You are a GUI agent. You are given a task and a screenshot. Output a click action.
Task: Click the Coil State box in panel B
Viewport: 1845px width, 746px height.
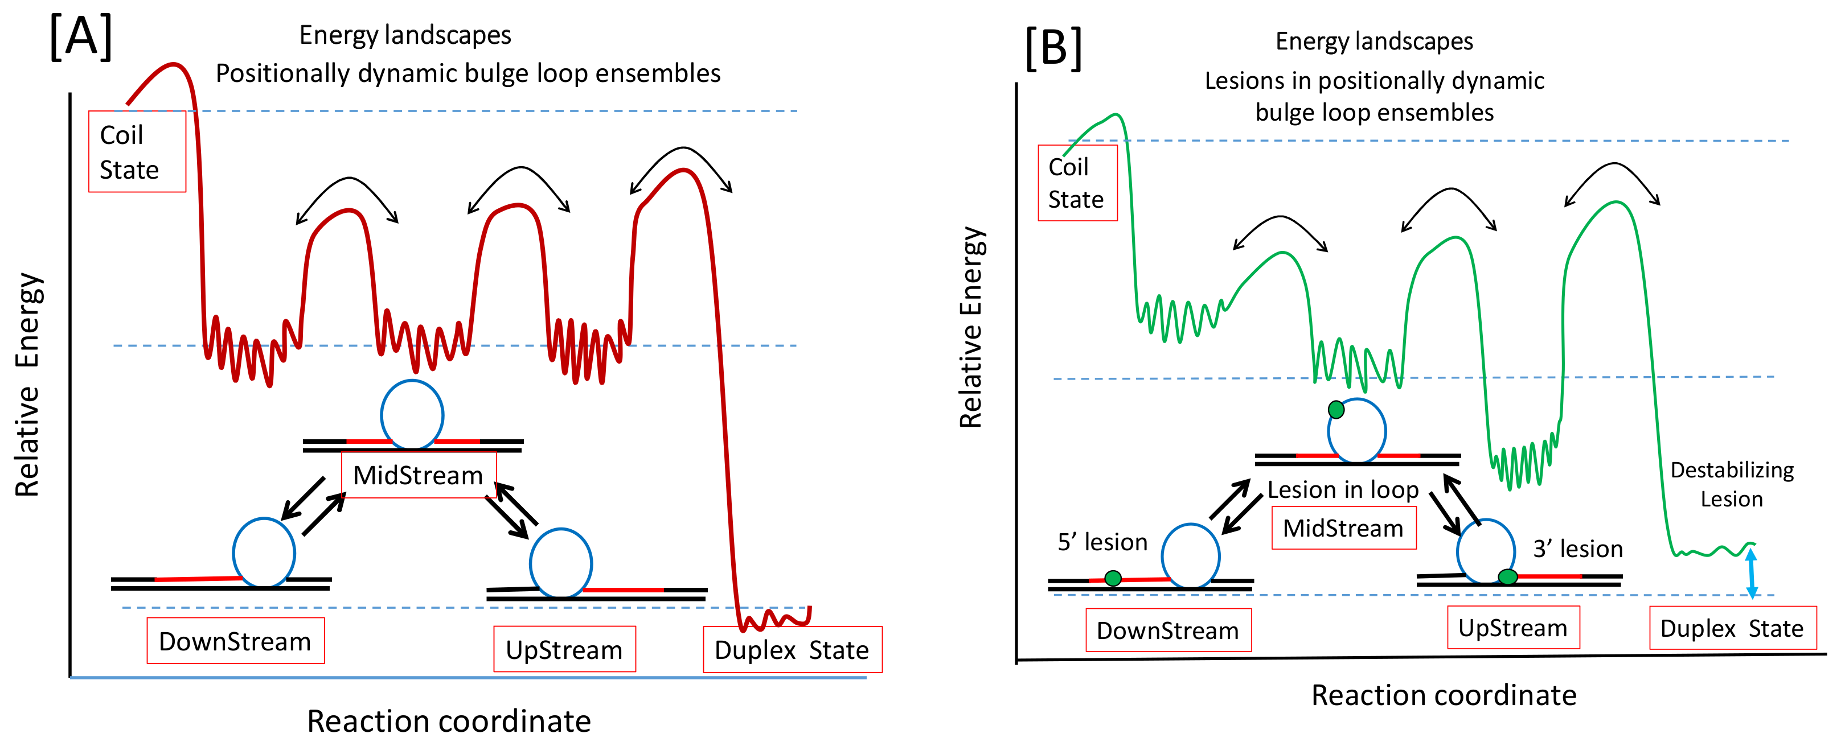tap(1077, 183)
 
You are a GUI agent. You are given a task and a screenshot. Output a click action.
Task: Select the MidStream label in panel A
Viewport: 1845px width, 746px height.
tap(419, 475)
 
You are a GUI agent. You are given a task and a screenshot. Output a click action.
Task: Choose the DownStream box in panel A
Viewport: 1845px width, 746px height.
tap(235, 641)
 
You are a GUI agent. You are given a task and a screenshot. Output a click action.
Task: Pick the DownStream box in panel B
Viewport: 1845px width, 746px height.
tap(1167, 630)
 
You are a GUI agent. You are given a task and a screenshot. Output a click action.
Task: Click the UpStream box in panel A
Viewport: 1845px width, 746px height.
tap(564, 650)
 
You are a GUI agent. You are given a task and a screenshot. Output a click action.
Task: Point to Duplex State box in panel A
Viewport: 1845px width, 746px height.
tap(792, 650)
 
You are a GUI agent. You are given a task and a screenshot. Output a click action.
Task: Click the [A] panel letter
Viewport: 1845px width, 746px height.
tap(81, 37)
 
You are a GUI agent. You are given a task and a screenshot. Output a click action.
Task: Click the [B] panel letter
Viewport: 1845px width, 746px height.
tap(1053, 49)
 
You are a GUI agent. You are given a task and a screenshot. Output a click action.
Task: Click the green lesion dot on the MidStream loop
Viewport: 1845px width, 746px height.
tap(1336, 410)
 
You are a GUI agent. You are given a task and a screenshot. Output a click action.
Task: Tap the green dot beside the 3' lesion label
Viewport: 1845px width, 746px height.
tap(1508, 576)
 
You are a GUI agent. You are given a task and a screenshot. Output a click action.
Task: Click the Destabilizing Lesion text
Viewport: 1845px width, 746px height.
tap(1732, 485)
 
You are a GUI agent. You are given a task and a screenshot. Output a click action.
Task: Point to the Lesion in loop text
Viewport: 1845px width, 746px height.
tap(1343, 490)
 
